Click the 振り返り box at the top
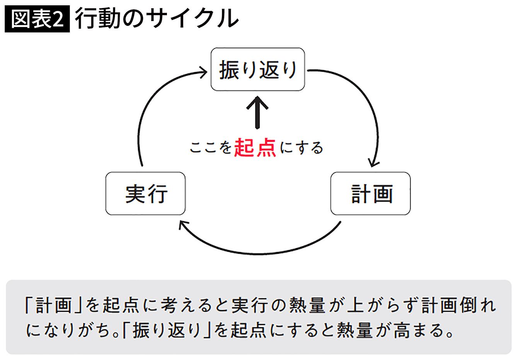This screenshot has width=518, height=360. [x=257, y=70]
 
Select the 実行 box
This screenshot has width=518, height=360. [x=145, y=193]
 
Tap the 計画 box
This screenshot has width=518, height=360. [x=370, y=193]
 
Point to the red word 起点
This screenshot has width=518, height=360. [x=255, y=147]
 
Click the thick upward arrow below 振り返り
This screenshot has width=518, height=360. [x=257, y=112]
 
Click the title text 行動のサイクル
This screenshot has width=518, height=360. [x=156, y=19]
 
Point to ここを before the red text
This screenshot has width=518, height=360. [x=211, y=147]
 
